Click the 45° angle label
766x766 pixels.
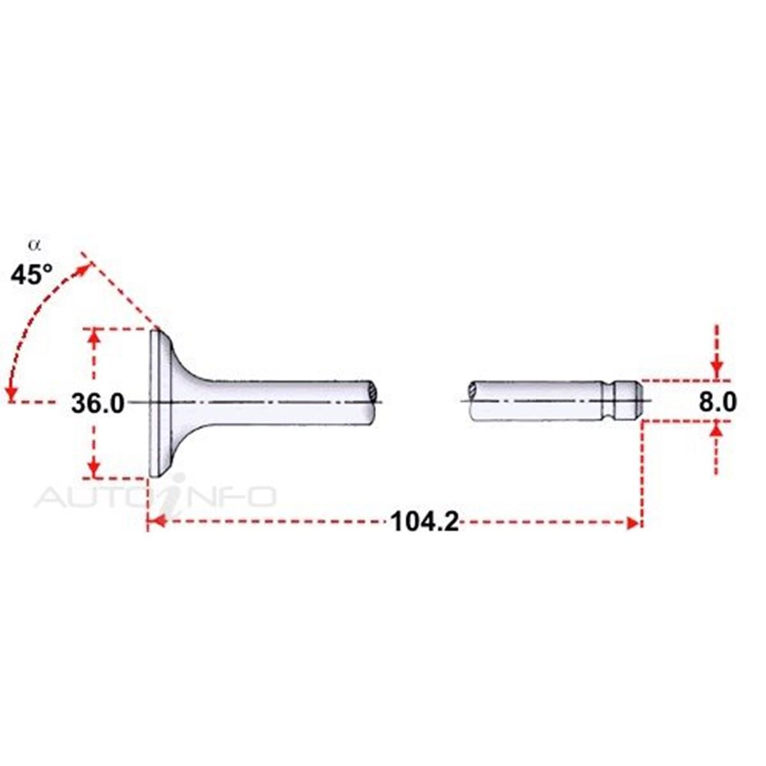click(x=32, y=274)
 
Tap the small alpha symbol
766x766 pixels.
click(x=34, y=245)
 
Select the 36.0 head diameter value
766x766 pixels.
click(x=98, y=404)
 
